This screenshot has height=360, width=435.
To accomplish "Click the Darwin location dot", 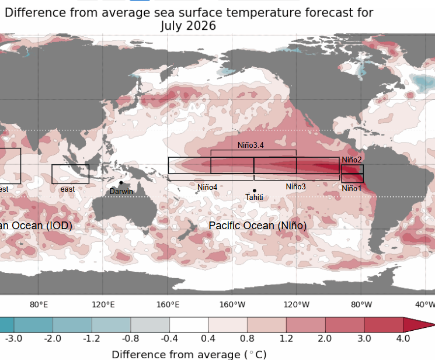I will (x=121, y=183).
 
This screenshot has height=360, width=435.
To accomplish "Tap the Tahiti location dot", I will (x=255, y=191).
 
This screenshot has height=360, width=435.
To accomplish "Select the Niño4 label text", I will (x=207, y=187).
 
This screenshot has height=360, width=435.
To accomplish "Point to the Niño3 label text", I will (x=295, y=186).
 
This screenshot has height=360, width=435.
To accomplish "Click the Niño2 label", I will (x=352, y=160).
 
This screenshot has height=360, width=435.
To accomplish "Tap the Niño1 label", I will (x=352, y=188).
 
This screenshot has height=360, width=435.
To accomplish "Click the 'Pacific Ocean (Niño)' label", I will (x=257, y=225).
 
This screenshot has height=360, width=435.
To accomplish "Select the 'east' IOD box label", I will (x=68, y=189).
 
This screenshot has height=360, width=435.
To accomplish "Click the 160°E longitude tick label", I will (x=168, y=304).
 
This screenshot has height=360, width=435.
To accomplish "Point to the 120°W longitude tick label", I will (x=297, y=304).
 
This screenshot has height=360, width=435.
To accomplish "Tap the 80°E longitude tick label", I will (x=39, y=304).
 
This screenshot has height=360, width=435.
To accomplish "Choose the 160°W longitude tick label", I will (x=232, y=304).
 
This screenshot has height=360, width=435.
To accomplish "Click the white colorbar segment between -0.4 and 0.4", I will (x=189, y=326).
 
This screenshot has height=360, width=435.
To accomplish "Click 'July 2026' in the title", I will (x=188, y=26).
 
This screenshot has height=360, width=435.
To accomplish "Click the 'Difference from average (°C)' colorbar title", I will (x=189, y=354).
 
